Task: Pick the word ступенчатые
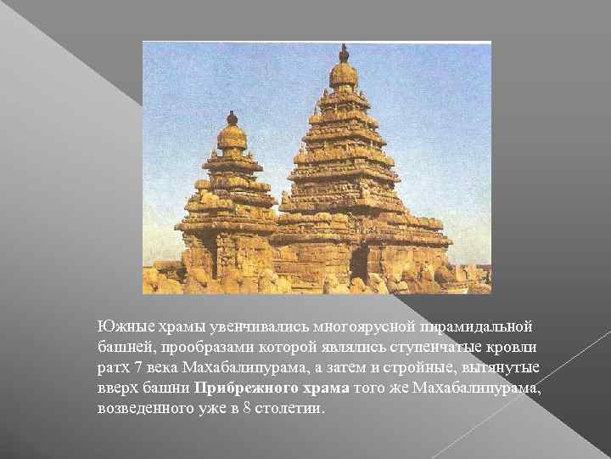click(409, 347)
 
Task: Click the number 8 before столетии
click(246, 408)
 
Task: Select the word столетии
click(289, 408)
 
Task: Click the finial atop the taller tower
click(344, 54)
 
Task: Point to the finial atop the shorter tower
click(232, 117)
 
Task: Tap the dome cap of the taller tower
click(344, 76)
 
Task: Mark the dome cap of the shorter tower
click(232, 136)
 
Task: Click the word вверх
click(115, 388)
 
